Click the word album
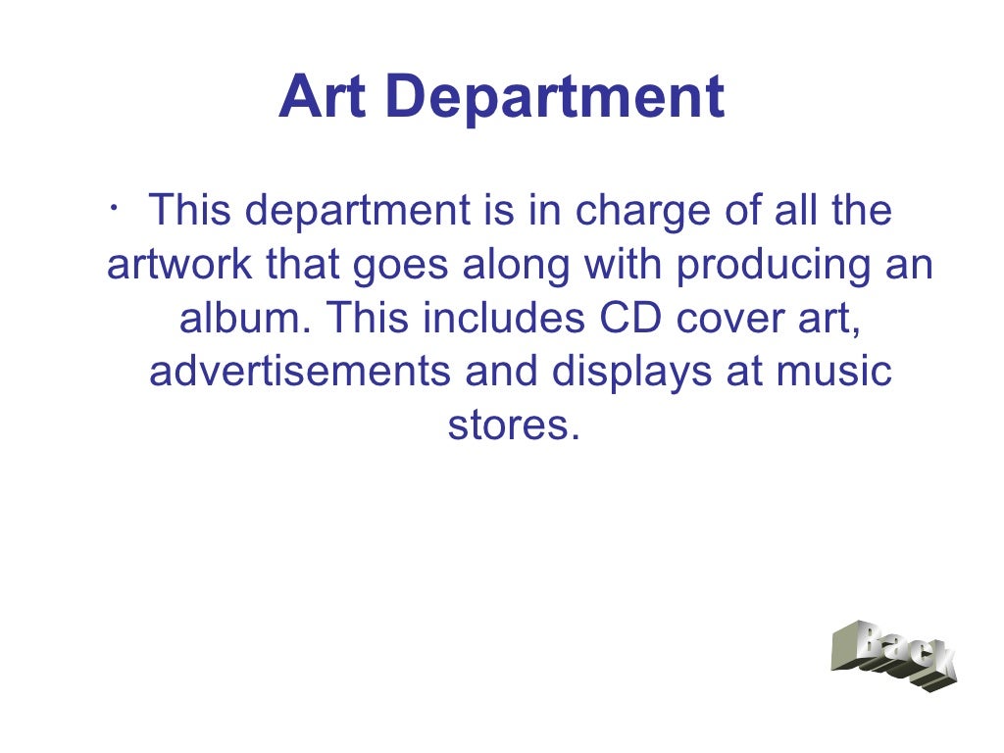245,320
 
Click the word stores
508,426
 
